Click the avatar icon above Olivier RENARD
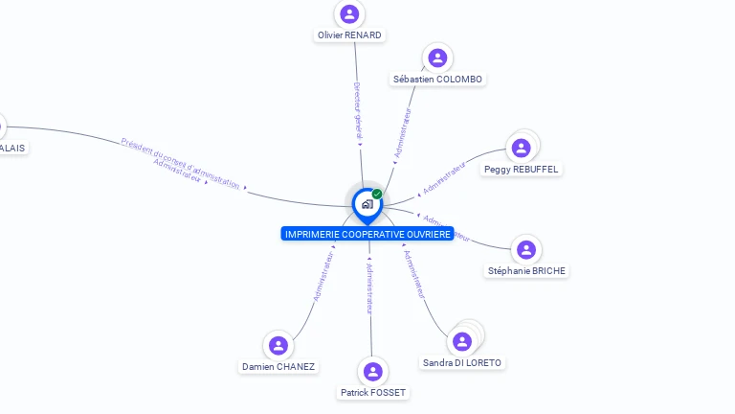coord(349,14)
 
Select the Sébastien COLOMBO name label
coord(438,80)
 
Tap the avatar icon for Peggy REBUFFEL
coord(521,148)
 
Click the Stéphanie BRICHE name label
coord(527,271)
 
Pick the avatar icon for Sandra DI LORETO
coord(462,341)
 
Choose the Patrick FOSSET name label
coord(373,393)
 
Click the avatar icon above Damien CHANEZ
coord(278,345)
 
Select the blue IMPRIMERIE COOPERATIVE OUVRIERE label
coord(367,235)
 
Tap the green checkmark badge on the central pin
coord(377,194)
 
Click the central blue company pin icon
coord(367,204)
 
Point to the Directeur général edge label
coord(357,110)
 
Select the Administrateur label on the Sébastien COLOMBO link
coord(404,131)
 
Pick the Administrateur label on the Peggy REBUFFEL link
coord(444,177)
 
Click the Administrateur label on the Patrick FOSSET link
coord(369,287)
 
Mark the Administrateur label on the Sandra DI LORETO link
coord(413,274)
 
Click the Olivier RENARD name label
coord(349,35)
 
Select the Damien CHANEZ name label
coord(278,367)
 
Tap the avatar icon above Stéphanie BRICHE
coord(526,250)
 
